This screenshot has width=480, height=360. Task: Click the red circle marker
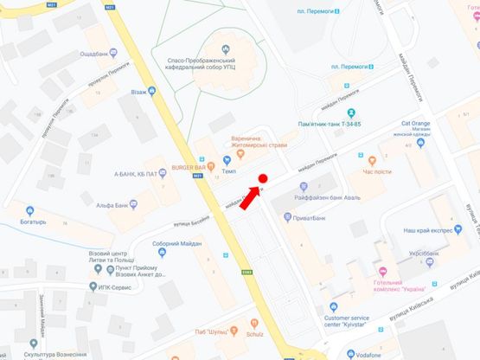coord(263,180)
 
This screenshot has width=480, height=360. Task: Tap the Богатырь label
coord(41,222)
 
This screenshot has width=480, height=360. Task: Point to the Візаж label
coord(138,90)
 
